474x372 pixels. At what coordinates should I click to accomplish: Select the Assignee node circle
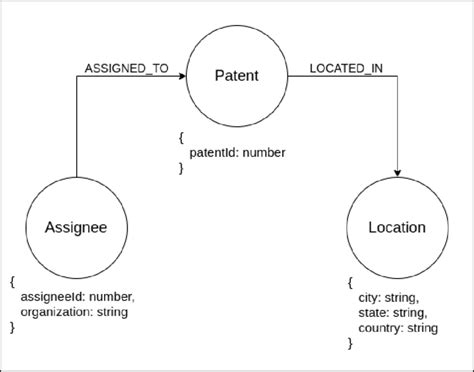[76, 227]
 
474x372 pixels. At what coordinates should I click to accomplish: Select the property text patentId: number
[238, 152]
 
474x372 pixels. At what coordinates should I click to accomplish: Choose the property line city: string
[389, 297]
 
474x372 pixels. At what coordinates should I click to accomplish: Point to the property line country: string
[399, 327]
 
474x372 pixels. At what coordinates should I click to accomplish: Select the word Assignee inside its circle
[76, 227]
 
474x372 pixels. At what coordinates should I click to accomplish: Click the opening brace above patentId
[181, 137]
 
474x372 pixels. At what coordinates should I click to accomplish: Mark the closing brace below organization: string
[11, 327]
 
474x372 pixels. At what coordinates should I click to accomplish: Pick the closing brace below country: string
[350, 343]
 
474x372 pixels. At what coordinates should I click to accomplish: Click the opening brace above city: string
[350, 282]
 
